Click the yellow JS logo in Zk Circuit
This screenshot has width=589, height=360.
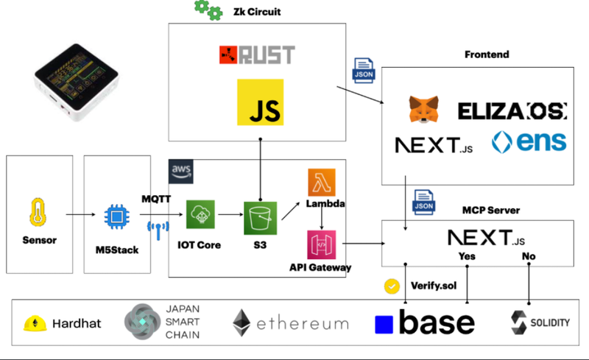coord(260,102)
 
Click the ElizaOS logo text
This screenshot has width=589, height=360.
coord(512,111)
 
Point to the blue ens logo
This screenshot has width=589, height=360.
coord(529,142)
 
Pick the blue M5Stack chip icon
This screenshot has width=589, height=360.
coord(116,216)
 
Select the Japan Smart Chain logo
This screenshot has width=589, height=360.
coord(140,322)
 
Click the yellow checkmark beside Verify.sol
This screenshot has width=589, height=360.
coord(393,286)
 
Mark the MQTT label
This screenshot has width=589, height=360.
coord(157,200)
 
